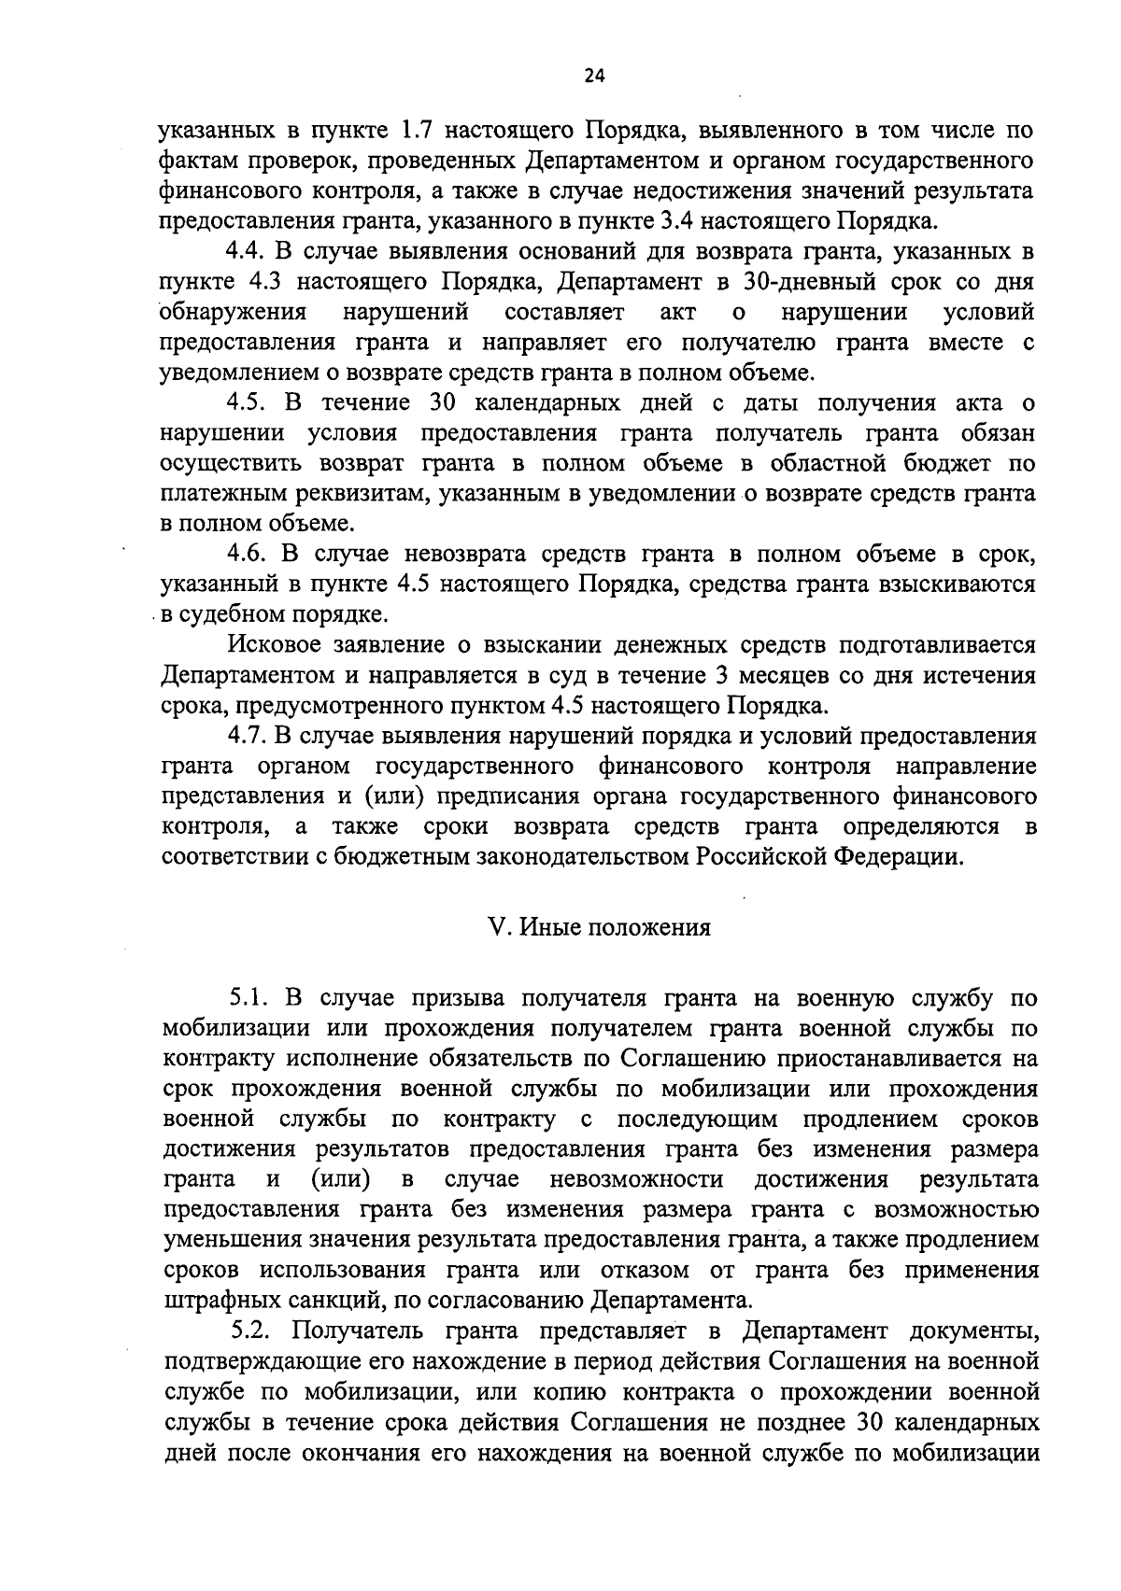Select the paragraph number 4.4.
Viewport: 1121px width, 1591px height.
(x=248, y=252)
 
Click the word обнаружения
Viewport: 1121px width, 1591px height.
(x=234, y=312)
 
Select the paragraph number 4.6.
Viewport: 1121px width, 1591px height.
(x=248, y=555)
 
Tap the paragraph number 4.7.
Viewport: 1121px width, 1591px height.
(x=248, y=737)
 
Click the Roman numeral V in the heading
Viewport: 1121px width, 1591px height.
(x=496, y=928)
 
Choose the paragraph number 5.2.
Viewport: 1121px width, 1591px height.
(x=250, y=1331)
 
